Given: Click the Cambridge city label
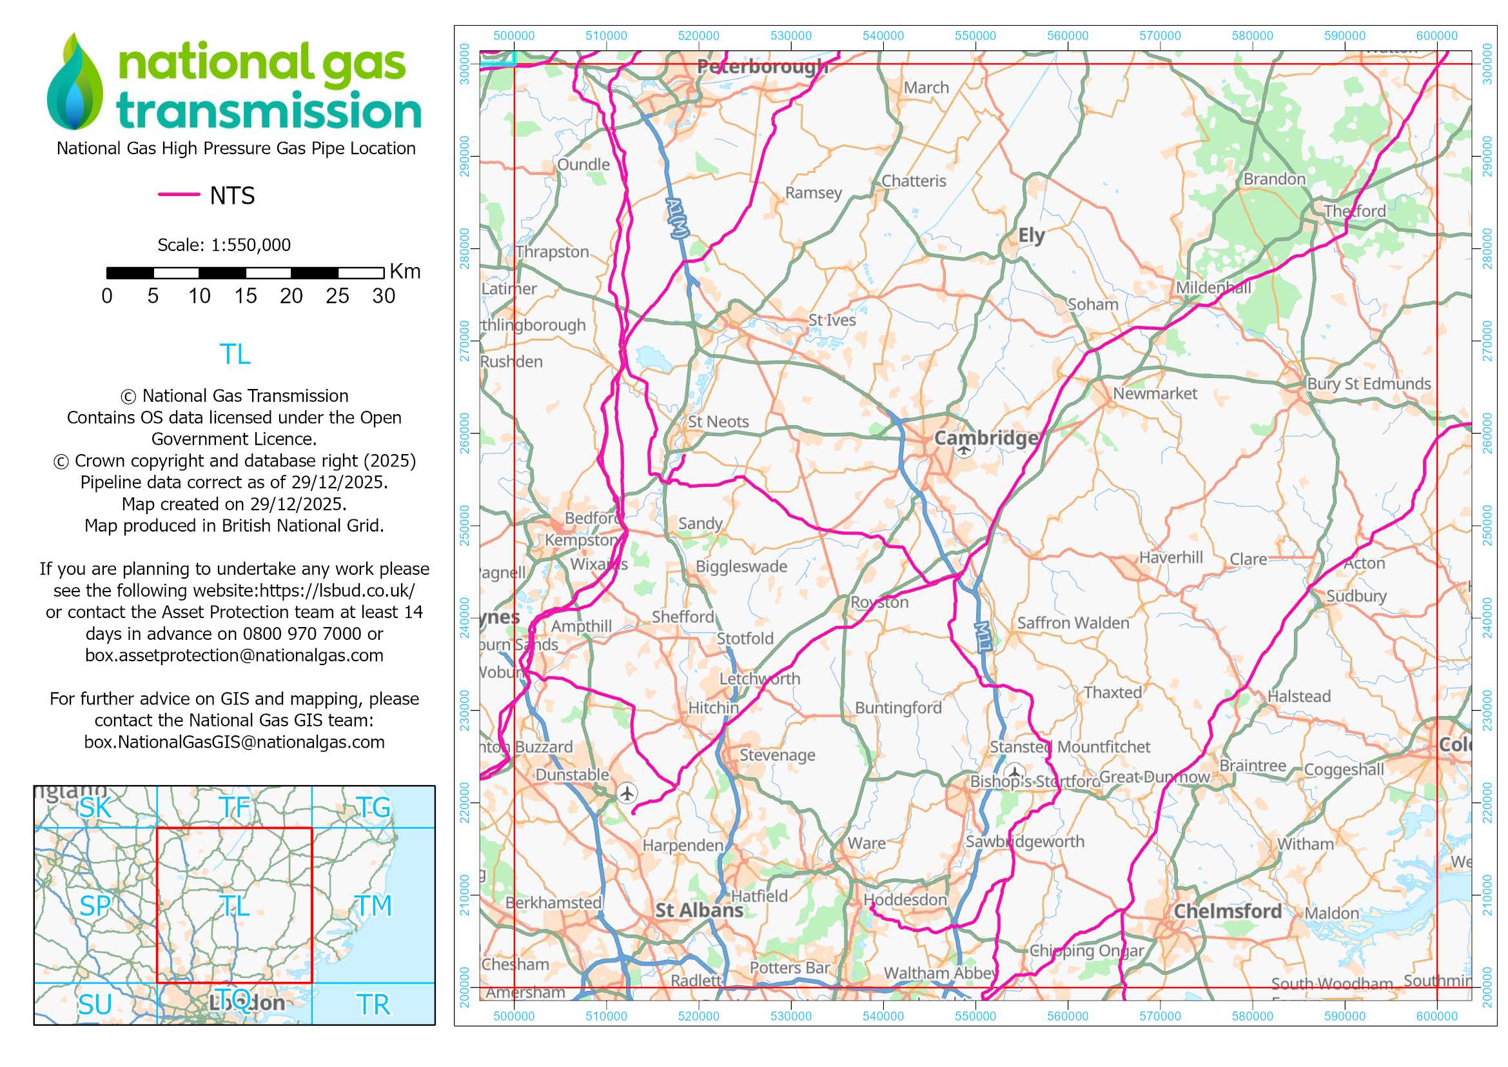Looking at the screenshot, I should tap(986, 438).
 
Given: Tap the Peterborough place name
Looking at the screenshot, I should tap(762, 66).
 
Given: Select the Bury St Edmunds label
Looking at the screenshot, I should tap(1369, 384).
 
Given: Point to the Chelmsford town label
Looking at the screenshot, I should tap(1228, 912).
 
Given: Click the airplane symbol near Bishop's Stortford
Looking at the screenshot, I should tap(1015, 772).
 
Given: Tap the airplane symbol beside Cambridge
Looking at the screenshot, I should tap(963, 450).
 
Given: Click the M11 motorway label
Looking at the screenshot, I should tap(983, 637).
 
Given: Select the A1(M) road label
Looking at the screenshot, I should tap(677, 217).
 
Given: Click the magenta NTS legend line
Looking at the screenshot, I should tap(179, 194).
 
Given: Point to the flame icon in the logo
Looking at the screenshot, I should tap(75, 82).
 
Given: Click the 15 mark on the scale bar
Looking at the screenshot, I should tap(245, 296).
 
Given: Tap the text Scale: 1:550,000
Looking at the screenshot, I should tap(224, 245).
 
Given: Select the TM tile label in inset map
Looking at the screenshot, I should tap(373, 906).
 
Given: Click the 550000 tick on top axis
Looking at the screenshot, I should tap(975, 36).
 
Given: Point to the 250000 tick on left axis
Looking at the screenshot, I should tap(465, 526).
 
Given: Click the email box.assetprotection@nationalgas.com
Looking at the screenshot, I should tap(234, 655).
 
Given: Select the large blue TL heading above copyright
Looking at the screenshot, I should tap(235, 355).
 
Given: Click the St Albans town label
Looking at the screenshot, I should tap(699, 911).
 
